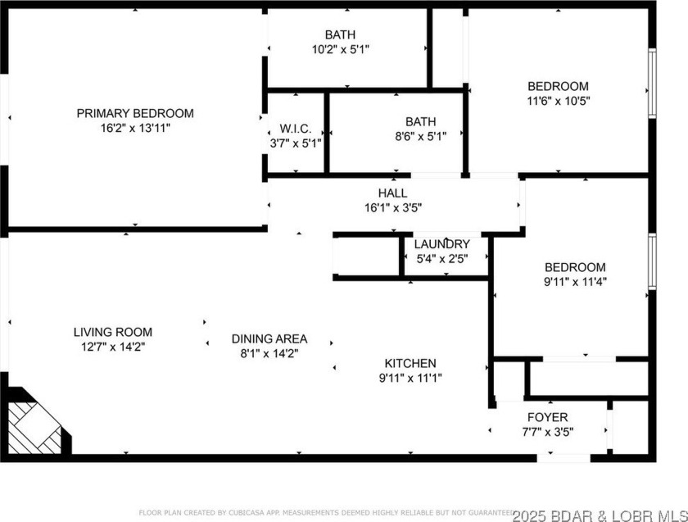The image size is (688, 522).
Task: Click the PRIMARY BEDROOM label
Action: (135, 113)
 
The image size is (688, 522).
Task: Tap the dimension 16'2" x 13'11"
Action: (135, 128)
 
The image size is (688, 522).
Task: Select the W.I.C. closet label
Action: (295, 129)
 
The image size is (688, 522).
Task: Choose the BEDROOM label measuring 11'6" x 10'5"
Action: (558, 86)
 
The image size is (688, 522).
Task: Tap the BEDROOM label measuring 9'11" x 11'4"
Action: (576, 267)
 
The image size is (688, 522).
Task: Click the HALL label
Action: (392, 193)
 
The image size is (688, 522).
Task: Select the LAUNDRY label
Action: (441, 244)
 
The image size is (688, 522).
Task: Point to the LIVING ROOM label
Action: (112, 332)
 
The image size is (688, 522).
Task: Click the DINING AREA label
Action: (269, 338)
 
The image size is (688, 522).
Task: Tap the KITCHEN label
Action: (410, 363)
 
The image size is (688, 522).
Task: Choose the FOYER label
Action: (547, 417)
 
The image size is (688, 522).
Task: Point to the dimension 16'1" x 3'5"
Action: (392, 207)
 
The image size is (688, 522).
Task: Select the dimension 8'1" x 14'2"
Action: (269, 353)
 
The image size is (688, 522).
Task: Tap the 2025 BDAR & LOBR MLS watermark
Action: (600, 514)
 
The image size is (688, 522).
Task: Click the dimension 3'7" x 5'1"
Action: (295, 143)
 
